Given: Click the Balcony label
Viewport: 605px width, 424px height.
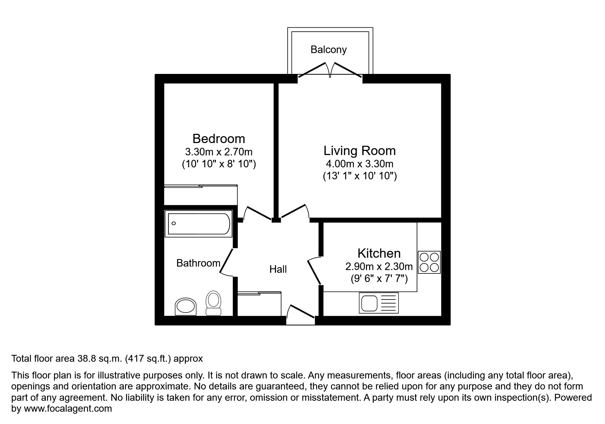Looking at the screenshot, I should tap(328, 50).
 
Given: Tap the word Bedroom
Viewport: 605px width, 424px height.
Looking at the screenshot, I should tap(219, 139).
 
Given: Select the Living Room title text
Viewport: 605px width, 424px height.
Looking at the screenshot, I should tap(359, 151).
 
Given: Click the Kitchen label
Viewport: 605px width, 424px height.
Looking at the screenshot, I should tap(379, 253).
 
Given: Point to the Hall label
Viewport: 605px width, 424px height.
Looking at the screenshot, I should tap(278, 269).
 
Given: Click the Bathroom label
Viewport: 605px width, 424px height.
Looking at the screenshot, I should tap(198, 263).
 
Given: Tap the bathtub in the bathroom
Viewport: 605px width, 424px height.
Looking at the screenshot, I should tap(198, 224).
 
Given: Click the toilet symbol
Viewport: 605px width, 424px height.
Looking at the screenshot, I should tap(214, 303).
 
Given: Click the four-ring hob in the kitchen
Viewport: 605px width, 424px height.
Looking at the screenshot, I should tap(429, 262).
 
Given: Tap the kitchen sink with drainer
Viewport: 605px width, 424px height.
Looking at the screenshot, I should tap(379, 303).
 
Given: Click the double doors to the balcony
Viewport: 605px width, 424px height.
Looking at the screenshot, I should tap(330, 70).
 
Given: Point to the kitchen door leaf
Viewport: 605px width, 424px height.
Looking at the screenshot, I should tap(314, 272).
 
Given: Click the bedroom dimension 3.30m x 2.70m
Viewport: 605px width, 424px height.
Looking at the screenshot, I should tap(219, 152).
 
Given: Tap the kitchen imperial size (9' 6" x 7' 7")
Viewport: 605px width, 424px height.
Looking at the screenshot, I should tap(379, 279).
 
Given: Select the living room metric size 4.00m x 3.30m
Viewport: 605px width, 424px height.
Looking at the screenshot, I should tap(359, 164).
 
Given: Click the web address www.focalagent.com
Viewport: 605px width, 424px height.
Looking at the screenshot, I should tap(68, 409).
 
